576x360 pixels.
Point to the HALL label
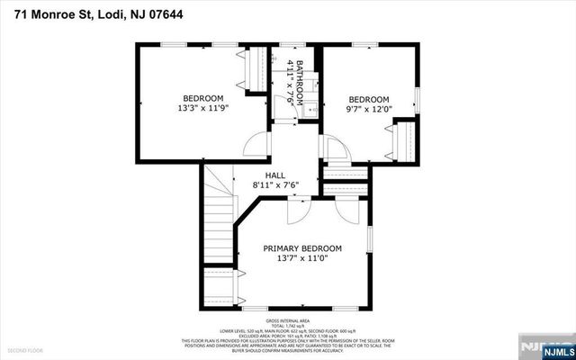pos(275,175)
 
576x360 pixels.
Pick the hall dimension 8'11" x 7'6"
pos(275,185)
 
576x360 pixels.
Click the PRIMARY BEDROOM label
pos(302,248)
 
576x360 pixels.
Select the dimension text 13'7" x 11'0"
pos(302,259)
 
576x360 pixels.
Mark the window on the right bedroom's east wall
pos(418,97)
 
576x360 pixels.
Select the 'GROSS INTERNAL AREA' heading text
pos(287,321)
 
